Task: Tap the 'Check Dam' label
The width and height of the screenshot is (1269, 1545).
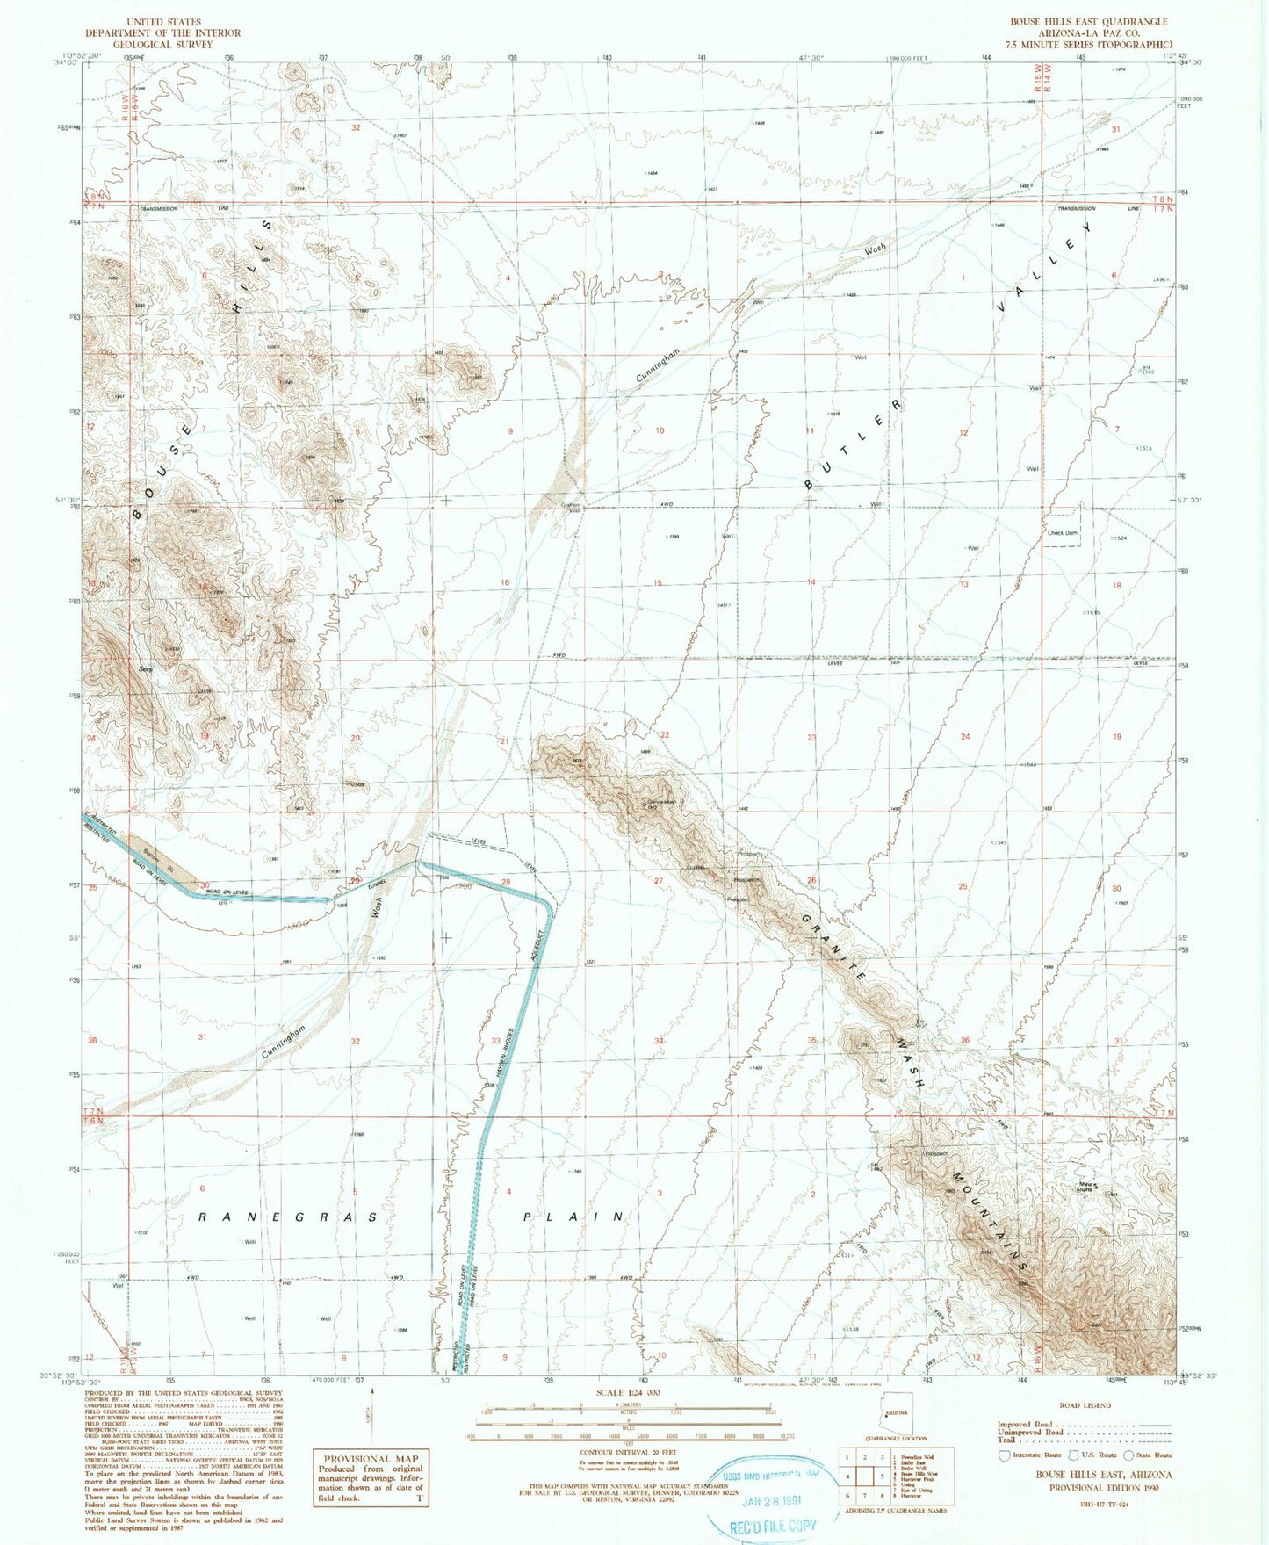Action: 1062,533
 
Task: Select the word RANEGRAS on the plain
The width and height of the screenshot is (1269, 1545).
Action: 287,1217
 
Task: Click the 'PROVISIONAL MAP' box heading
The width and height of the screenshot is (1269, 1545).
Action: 371,1458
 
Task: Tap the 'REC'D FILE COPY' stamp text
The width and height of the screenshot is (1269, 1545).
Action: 773,1527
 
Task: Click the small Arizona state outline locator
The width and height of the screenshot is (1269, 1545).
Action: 895,1439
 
